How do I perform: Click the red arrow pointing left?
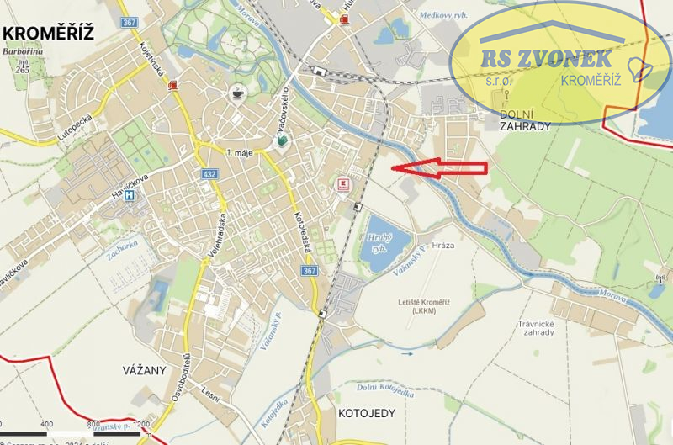point(440,167)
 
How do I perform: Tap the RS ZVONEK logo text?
point(546,60)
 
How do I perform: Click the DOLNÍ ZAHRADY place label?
point(524,119)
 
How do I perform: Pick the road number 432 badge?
point(210,174)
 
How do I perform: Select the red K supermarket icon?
point(342,184)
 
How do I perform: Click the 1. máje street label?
point(241,151)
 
